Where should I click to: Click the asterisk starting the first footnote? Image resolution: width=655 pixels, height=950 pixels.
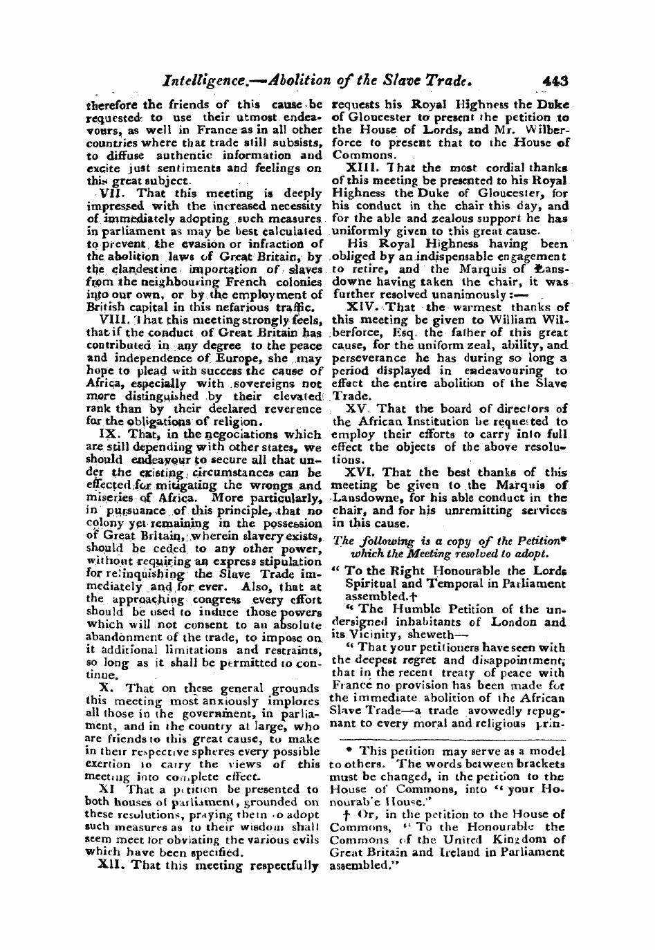[347, 752]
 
